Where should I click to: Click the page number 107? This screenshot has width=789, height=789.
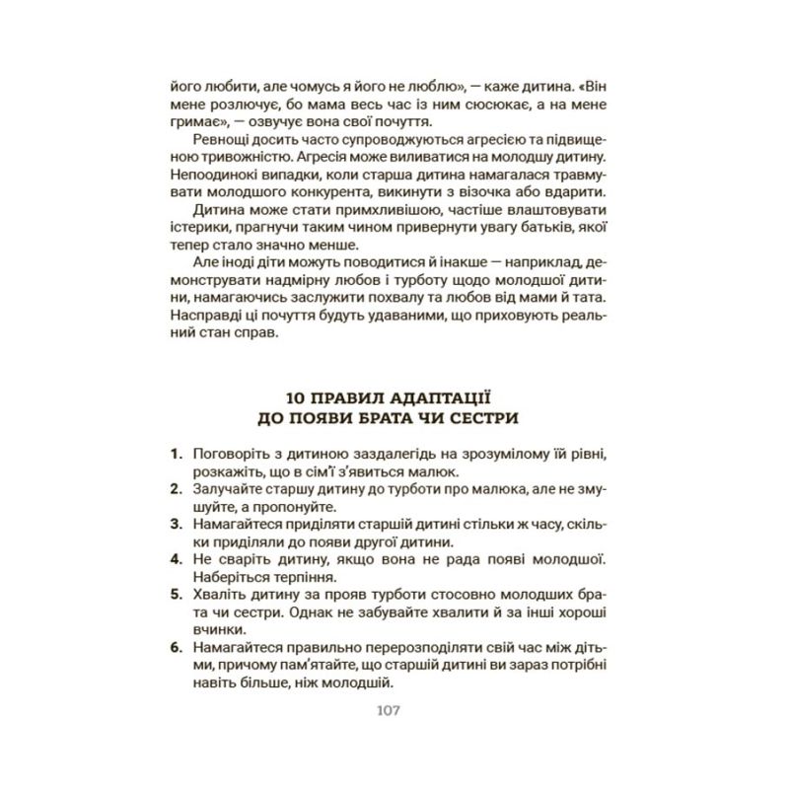coord(394,711)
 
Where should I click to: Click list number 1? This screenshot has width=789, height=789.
coord(177,455)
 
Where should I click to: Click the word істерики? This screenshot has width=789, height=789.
coord(199,228)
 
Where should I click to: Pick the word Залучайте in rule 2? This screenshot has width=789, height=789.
coord(230,490)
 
